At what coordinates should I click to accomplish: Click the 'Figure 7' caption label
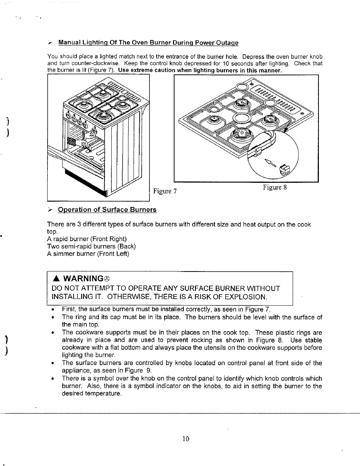[165, 191]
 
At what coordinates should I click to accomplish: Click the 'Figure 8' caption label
[275, 187]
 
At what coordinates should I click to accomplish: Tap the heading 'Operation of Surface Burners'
[107, 210]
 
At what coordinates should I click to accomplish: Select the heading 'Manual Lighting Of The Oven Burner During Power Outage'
[148, 43]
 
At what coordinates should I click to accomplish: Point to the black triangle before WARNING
[56, 279]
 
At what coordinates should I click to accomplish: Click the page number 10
[185, 438]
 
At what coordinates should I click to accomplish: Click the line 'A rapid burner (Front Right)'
[87, 239]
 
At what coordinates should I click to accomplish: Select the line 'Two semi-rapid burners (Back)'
[91, 246]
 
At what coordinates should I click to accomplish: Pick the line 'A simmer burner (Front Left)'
[88, 254]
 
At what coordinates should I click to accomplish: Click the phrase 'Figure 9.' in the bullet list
[138, 370]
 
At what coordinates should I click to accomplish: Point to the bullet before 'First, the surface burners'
[53, 310]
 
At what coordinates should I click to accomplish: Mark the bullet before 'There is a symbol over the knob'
[53, 378]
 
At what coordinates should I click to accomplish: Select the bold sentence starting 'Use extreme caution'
[200, 70]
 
